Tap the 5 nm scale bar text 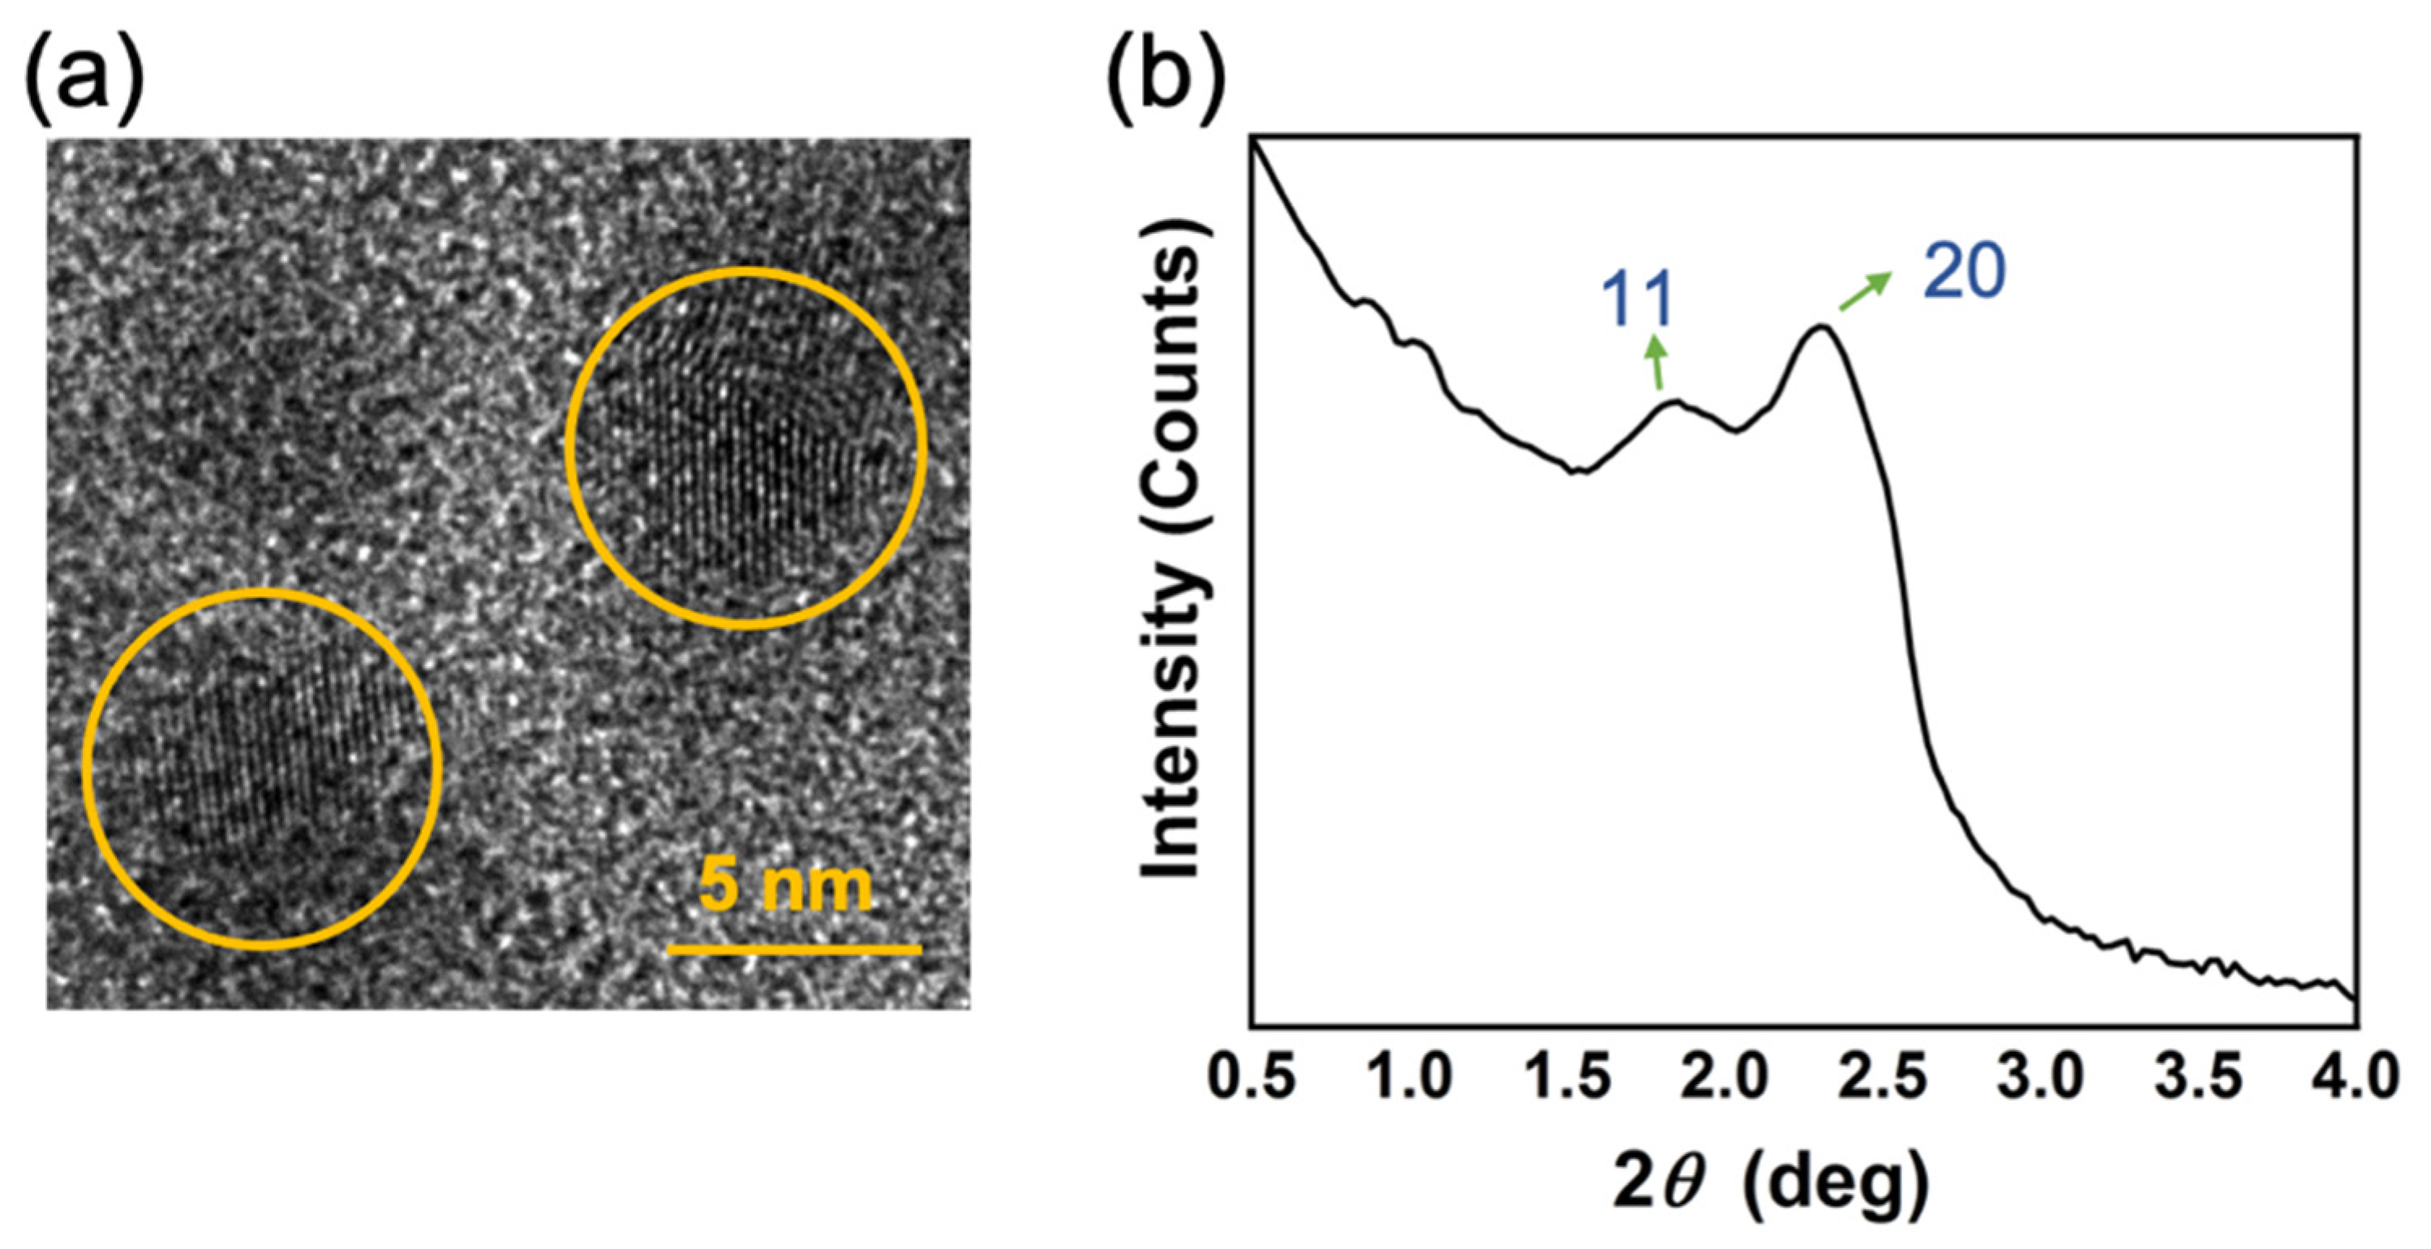click(785, 886)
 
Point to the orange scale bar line click(793, 949)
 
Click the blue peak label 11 click(1636, 300)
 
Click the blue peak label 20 click(1964, 272)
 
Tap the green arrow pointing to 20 click(1865, 291)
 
